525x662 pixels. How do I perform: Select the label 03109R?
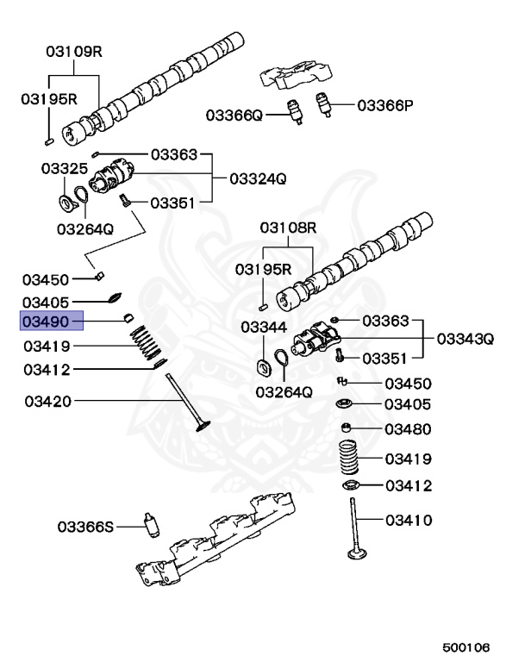click(x=74, y=52)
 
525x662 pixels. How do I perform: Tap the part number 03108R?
click(x=290, y=228)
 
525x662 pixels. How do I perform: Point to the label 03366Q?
click(x=233, y=115)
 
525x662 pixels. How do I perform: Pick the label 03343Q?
click(x=466, y=339)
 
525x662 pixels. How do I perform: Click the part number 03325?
click(x=63, y=169)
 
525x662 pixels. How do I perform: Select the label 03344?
click(x=262, y=327)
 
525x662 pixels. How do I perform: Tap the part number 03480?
click(x=408, y=429)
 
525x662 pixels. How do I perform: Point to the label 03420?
click(x=48, y=401)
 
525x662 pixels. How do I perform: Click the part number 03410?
click(x=408, y=520)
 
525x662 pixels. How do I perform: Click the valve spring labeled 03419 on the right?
click(x=351, y=458)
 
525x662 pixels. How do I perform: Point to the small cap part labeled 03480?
click(x=347, y=428)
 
